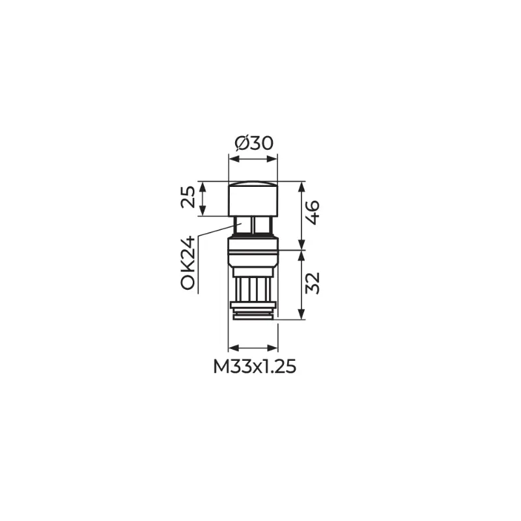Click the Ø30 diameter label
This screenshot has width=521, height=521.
click(254, 143)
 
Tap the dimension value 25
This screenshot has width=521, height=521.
click(188, 197)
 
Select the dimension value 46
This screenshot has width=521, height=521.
click(313, 212)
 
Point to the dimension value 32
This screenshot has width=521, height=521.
click(313, 283)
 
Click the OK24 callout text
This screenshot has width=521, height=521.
click(188, 263)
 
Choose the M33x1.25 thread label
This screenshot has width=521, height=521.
click(254, 367)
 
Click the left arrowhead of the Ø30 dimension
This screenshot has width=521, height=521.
click(234, 159)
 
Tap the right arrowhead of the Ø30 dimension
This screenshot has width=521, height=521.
click(272, 159)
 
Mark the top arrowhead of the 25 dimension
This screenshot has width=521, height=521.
click(203, 187)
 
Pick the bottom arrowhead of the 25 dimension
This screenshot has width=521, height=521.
click(203, 210)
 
